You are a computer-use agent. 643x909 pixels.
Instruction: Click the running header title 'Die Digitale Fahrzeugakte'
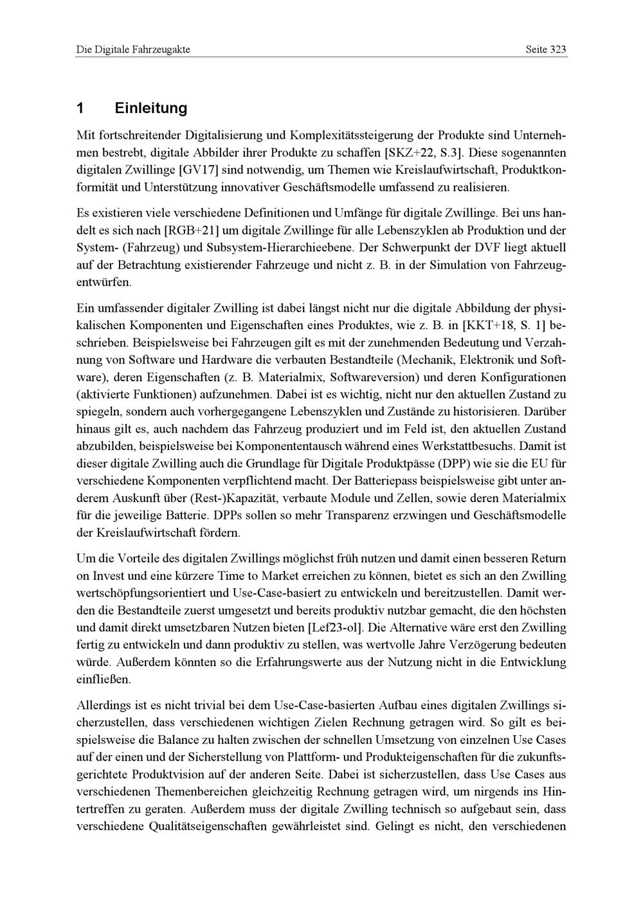point(133,50)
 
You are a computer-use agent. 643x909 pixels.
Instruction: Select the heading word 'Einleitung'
point(151,108)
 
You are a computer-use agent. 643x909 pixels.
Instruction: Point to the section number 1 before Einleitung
point(80,108)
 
